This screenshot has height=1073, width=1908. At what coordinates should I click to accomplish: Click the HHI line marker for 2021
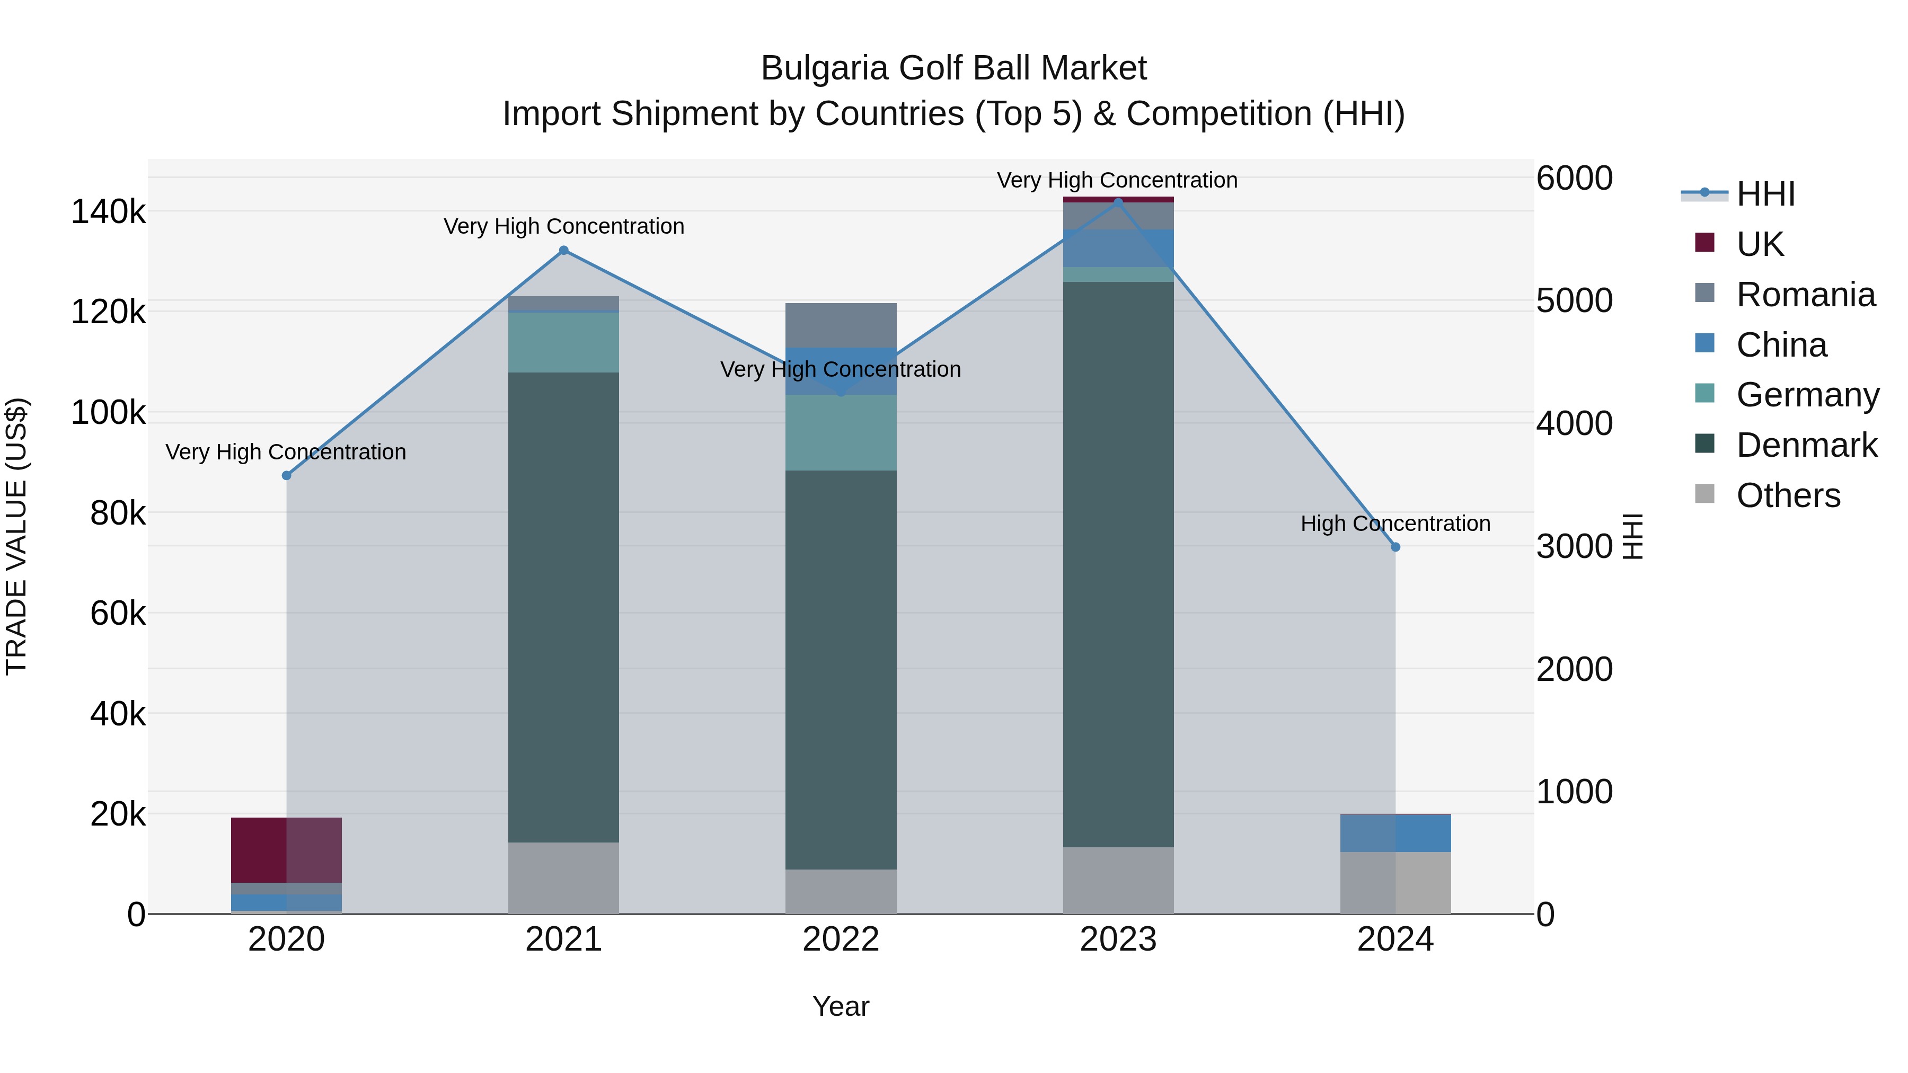(x=564, y=250)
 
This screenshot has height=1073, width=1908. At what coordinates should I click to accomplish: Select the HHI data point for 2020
(x=287, y=475)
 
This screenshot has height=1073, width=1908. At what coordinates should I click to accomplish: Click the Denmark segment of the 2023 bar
(x=1118, y=563)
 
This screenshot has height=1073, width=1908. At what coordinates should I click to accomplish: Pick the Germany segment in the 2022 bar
(x=841, y=432)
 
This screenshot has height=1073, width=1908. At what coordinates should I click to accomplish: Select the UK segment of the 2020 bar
(x=287, y=849)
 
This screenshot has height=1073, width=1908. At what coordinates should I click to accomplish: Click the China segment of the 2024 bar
(x=1395, y=833)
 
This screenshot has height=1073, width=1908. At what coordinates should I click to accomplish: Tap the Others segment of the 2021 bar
(x=564, y=877)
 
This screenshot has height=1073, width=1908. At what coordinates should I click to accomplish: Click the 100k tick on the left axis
(x=108, y=412)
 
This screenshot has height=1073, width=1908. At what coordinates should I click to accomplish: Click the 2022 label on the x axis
(x=841, y=939)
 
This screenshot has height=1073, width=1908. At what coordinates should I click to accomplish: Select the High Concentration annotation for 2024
(x=1395, y=524)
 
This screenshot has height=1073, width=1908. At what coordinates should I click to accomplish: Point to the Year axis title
(x=841, y=1006)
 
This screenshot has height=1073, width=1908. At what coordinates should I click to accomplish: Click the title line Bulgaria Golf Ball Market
(x=953, y=68)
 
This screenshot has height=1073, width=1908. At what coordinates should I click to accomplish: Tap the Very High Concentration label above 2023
(x=1117, y=180)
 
